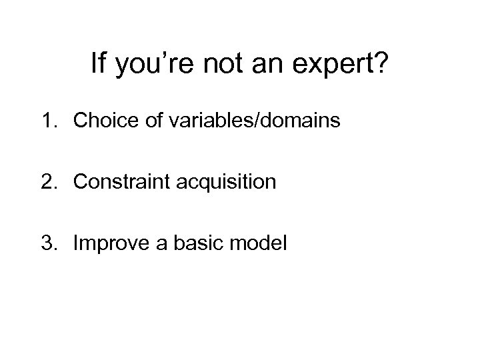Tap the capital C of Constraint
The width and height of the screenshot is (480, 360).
coord(81,182)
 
